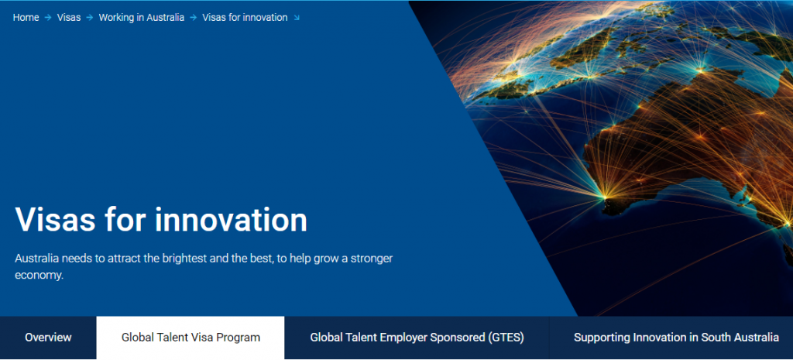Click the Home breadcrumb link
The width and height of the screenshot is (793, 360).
[26, 18]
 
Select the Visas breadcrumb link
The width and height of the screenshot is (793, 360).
[69, 18]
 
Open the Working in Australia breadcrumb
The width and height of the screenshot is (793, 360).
[142, 18]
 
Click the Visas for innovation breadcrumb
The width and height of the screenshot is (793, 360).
[245, 18]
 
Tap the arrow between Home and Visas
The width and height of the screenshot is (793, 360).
[48, 18]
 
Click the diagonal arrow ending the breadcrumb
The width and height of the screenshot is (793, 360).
[297, 18]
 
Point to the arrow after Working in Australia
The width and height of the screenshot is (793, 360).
[193, 18]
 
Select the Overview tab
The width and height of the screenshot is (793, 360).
[48, 338]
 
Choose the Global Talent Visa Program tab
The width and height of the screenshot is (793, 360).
[191, 338]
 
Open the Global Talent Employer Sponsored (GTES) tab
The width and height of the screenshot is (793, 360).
[417, 338]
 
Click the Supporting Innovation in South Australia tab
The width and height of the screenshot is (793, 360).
[676, 338]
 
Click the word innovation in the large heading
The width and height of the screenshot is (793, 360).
[231, 219]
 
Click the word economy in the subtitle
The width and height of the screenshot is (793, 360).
[39, 276]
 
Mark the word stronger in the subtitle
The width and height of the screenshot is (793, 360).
[372, 259]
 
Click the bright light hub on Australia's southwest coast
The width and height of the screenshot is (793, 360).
[604, 194]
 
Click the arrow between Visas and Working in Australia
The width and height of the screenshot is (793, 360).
[90, 18]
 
